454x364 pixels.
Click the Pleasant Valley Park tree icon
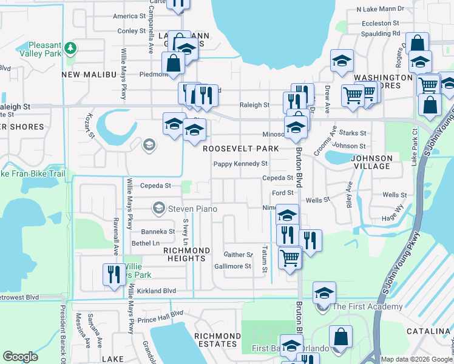pos(71,47)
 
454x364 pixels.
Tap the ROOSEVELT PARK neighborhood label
pos(240,149)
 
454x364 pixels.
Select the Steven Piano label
pos(192,209)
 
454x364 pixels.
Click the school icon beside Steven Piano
pos(159,209)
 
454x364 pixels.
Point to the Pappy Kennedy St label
pos(240,164)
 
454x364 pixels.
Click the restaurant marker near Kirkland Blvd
pos(113,275)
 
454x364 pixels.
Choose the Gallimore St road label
pos(232,266)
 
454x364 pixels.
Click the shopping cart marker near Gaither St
pos(290,257)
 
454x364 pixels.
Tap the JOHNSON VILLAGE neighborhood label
pos(371,162)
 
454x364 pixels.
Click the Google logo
pos(20,357)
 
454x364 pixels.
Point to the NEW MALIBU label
pos(89,74)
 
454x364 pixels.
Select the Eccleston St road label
pos(376,23)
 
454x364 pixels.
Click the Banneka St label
pos(158,232)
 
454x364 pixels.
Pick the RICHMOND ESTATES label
pos(217,340)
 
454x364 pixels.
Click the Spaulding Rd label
pos(379,33)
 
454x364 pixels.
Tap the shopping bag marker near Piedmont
pos(174,62)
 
